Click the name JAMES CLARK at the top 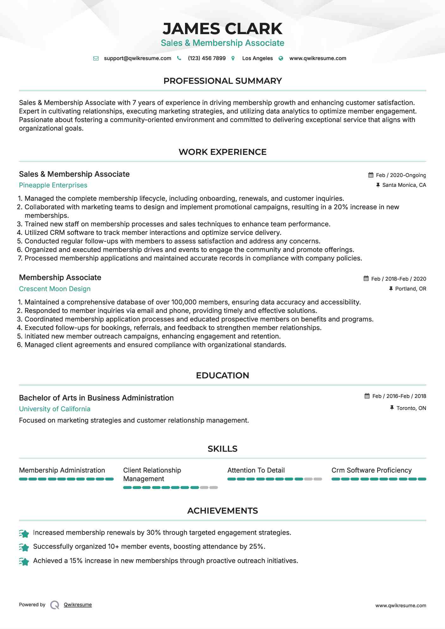222,29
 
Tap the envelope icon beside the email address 96,58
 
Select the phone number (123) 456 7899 207,58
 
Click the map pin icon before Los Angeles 233,58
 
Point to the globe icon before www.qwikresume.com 281,58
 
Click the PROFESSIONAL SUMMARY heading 222,81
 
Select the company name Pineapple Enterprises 53,185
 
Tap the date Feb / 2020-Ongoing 401,175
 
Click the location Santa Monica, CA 404,185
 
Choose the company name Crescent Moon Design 55,289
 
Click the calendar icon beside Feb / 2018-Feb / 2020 366,278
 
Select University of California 55,409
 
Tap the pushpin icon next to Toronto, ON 392,408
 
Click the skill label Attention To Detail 256,470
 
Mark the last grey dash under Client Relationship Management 214,487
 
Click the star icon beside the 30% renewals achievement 24,534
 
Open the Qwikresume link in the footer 78,605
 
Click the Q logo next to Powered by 55,605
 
